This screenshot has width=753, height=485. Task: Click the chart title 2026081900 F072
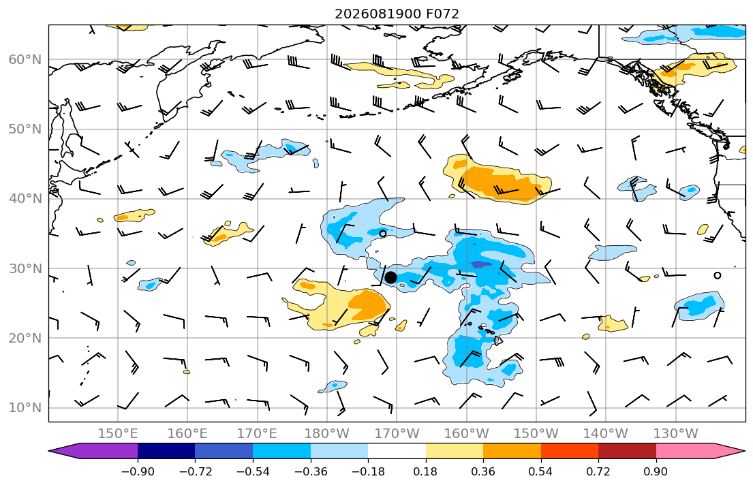click(397, 14)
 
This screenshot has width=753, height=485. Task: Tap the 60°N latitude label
click(25, 59)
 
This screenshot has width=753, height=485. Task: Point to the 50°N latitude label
click(25, 129)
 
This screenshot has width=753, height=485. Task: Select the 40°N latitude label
click(25, 199)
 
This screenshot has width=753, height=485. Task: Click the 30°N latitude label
click(25, 268)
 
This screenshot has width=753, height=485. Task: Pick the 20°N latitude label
click(25, 338)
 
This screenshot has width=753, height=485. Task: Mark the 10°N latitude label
click(25, 408)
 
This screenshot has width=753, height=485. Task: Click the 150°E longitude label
click(118, 434)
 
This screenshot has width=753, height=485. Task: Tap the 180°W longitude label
click(327, 434)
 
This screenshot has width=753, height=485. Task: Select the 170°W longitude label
click(397, 434)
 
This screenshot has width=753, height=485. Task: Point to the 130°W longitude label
click(676, 434)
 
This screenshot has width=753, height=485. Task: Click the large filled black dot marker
click(390, 277)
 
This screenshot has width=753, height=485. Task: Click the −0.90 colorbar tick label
click(138, 471)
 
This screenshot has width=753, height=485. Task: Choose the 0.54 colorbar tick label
click(541, 471)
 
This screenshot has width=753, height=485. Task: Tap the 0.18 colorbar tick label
click(425, 471)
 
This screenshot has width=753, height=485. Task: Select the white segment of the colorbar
click(397, 451)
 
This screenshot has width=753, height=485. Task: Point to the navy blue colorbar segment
click(166, 451)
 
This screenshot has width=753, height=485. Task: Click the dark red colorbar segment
click(627, 451)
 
